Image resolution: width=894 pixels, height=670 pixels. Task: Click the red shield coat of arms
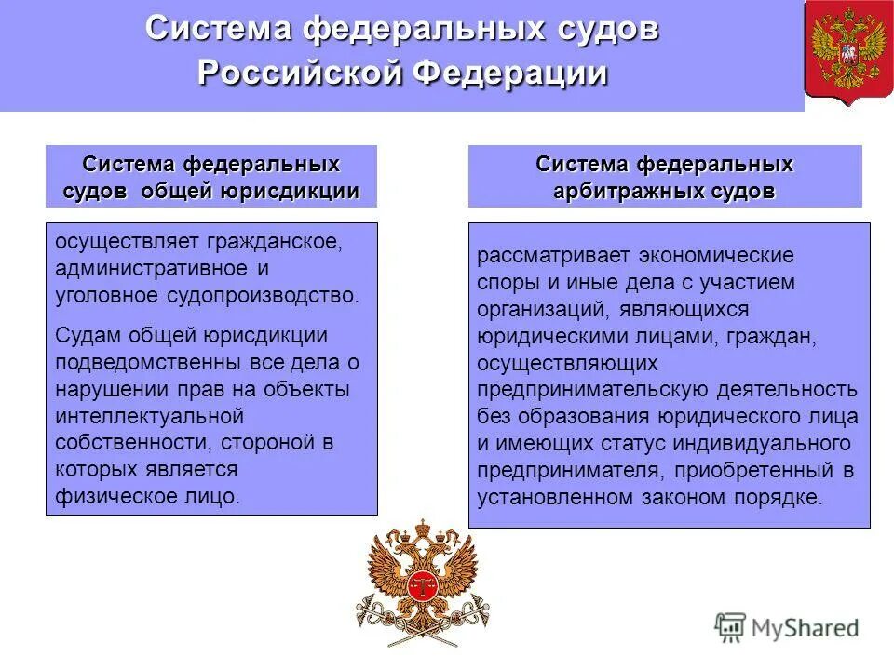(x=847, y=52)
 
